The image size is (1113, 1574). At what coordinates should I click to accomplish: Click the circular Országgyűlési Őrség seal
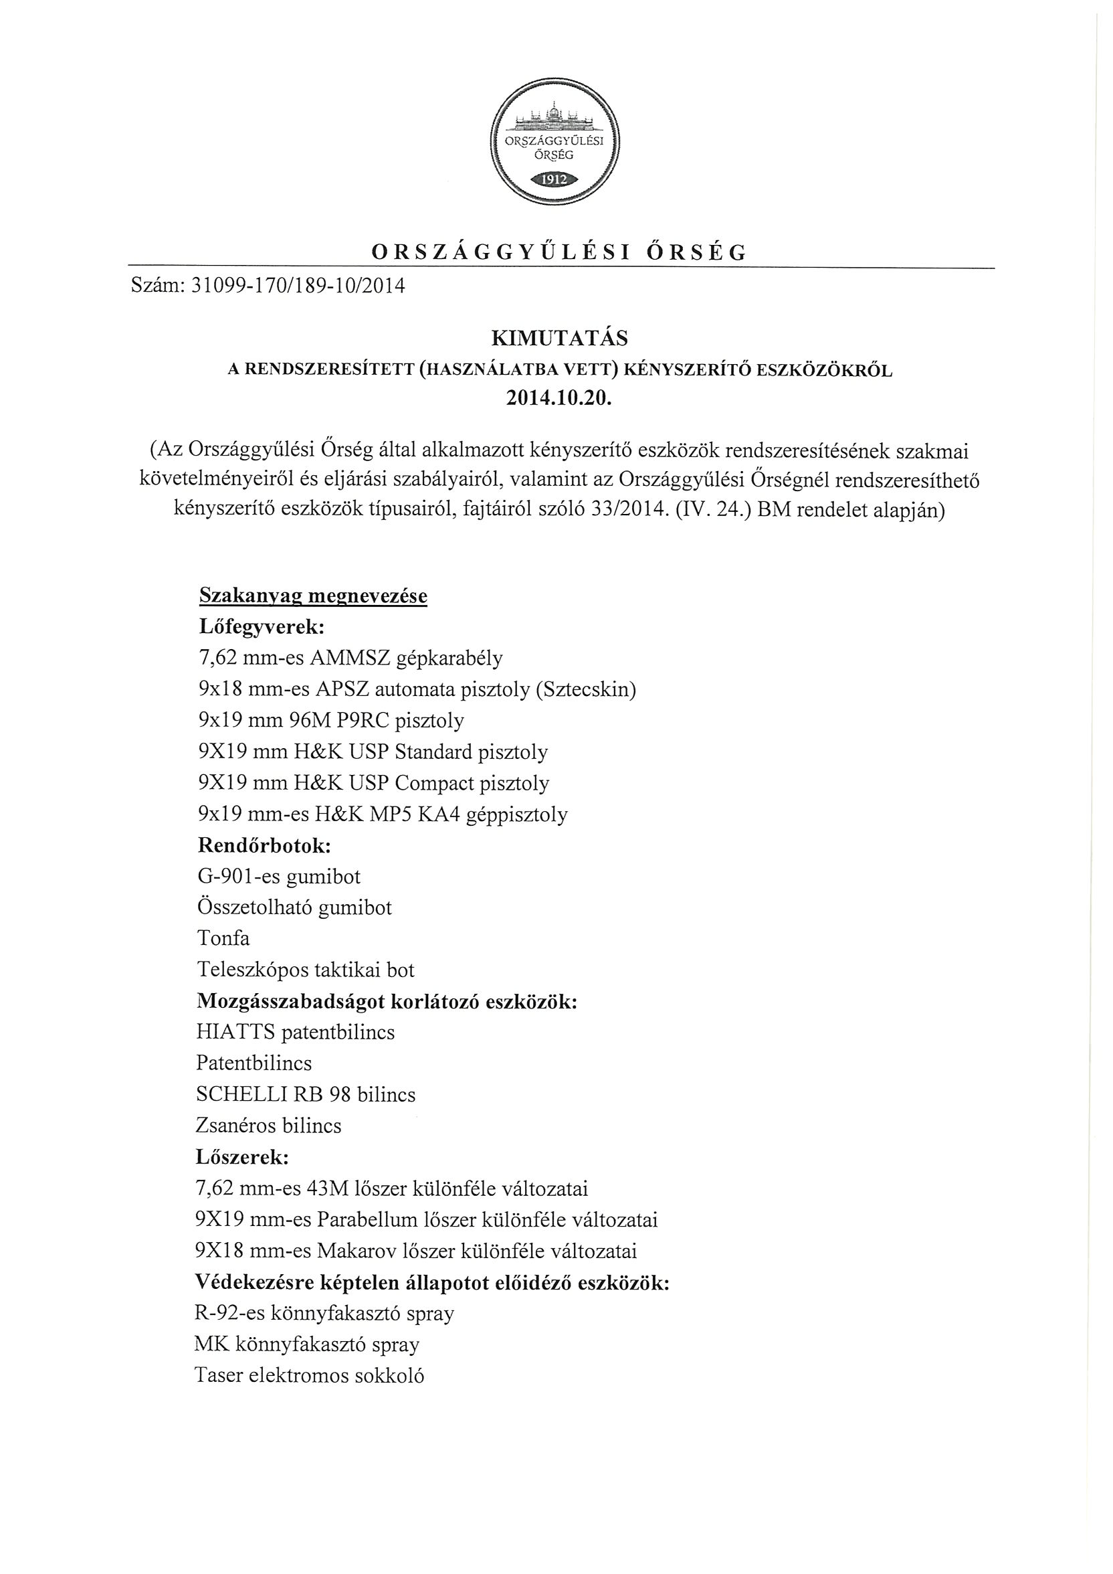[x=555, y=141]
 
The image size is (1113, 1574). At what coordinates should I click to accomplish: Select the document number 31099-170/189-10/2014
[x=298, y=285]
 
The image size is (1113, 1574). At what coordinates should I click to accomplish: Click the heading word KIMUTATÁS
[x=559, y=339]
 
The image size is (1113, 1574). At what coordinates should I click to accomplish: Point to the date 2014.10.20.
[x=557, y=399]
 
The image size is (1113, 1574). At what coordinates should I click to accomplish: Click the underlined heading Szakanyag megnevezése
[x=312, y=596]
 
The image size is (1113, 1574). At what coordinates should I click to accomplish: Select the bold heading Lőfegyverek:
[x=262, y=626]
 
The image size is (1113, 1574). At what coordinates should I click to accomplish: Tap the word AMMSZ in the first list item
[x=350, y=658]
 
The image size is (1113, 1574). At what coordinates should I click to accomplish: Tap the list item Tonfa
[x=223, y=938]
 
